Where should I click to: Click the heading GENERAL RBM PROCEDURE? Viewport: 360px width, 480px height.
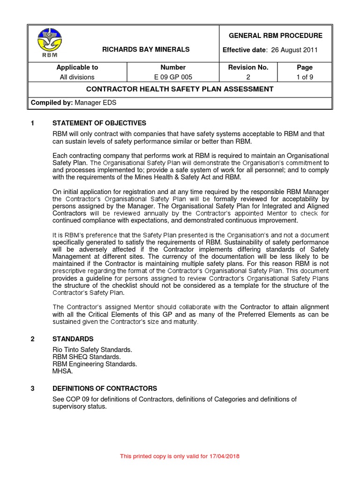point(275,36)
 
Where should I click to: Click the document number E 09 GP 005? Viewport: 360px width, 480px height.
point(173,77)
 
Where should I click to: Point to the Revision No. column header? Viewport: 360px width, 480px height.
point(248,67)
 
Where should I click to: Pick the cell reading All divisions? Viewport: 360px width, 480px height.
point(77,77)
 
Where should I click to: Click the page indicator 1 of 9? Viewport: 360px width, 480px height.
point(305,77)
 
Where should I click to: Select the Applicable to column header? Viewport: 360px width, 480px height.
point(77,67)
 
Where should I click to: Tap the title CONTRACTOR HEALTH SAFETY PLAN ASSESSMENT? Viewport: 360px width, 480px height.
point(180,89)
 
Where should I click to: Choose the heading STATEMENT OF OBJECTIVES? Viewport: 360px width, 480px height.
point(99,123)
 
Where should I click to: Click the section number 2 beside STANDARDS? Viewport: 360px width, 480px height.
point(33,339)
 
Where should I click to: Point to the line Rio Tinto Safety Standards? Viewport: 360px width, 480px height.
point(92,350)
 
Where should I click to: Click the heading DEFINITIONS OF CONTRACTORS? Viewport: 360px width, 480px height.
point(105,389)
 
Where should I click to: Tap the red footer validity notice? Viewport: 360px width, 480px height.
point(180,456)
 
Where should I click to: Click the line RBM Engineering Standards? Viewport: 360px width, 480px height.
point(95,364)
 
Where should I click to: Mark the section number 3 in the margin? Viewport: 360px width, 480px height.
point(33,389)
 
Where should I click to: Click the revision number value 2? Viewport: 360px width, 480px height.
point(248,77)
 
